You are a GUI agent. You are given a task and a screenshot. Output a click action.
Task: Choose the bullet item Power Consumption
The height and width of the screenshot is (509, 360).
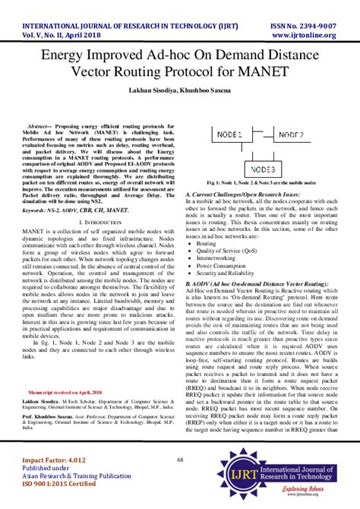223,266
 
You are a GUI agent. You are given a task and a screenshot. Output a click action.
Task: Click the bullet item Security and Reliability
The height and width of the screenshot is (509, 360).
229,273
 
